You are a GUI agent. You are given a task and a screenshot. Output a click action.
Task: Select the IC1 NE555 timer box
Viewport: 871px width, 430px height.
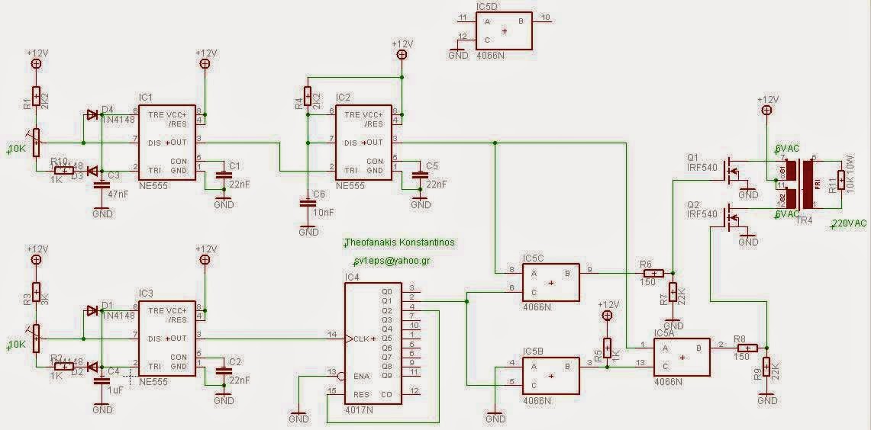click(x=166, y=143)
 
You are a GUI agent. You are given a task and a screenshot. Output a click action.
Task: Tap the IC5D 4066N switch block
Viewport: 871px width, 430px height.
click(x=504, y=30)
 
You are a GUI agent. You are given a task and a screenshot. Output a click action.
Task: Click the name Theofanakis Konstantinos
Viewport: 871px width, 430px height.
click(x=399, y=242)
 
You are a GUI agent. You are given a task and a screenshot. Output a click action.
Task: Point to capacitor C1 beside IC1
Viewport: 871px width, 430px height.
click(x=224, y=175)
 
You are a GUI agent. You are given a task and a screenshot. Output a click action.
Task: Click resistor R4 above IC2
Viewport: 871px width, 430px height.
click(x=308, y=96)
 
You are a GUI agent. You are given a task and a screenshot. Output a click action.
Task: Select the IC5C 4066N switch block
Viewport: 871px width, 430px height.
click(x=550, y=281)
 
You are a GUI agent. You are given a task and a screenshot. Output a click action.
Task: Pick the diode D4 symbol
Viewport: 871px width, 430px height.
click(x=92, y=115)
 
